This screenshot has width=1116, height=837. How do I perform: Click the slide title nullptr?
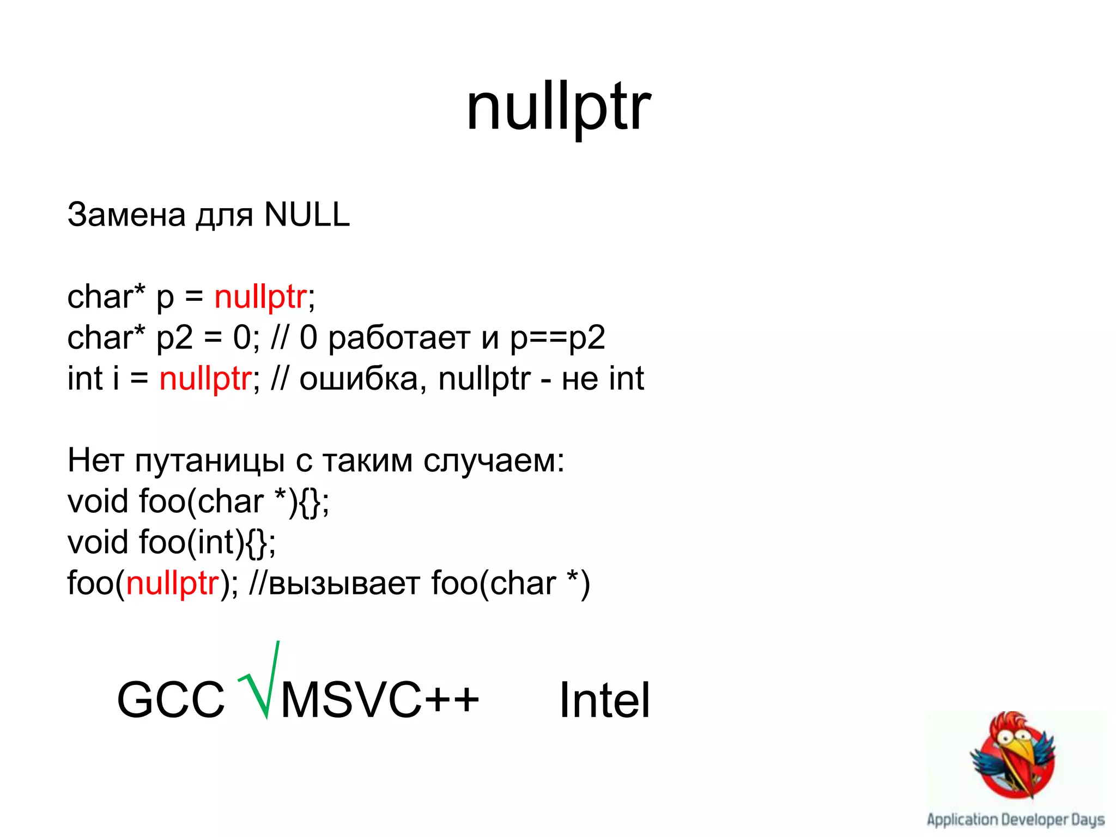coord(558,108)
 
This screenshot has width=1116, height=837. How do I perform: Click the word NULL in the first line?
coord(307,214)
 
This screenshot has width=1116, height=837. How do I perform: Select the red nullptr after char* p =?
coord(260,298)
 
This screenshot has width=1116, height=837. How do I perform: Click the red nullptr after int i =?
coord(205,379)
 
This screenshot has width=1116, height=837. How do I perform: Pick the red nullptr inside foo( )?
coord(172,584)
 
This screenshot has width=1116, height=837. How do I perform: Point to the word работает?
coord(399,338)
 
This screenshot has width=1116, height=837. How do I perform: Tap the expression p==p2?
coord(557,339)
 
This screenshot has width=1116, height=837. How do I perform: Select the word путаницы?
coord(210,461)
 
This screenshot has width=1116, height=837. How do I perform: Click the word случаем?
coord(494,461)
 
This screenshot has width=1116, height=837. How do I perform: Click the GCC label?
coord(171,700)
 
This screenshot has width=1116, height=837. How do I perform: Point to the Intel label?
coord(604,700)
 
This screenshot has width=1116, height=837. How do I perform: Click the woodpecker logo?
coord(1014,755)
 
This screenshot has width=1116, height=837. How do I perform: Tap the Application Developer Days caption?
coord(1015,820)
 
